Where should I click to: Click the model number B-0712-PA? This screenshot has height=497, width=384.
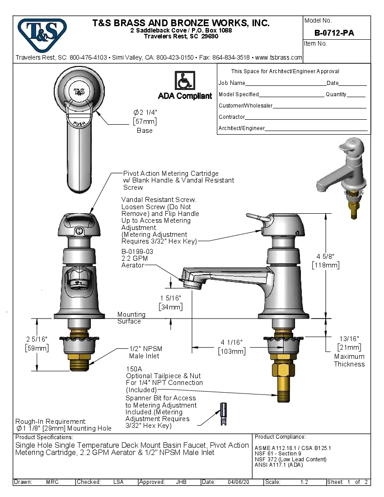pyautogui.click(x=334, y=33)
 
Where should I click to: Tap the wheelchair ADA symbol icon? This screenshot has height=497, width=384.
pyautogui.click(x=184, y=81)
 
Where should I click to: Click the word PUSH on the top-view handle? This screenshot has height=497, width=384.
pyautogui.click(x=80, y=123)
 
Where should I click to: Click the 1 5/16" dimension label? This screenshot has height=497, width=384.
pyautogui.click(x=171, y=302)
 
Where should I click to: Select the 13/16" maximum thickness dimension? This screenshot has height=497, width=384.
pyautogui.click(x=349, y=342)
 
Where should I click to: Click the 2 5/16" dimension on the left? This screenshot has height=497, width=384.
pyautogui.click(x=36, y=343)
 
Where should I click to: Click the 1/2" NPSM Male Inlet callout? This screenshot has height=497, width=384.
pyautogui.click(x=145, y=352)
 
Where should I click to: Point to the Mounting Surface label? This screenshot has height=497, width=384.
pyautogui.click(x=131, y=318)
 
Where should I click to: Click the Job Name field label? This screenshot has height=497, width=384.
pyautogui.click(x=232, y=83)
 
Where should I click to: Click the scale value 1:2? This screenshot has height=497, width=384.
pyautogui.click(x=304, y=482)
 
